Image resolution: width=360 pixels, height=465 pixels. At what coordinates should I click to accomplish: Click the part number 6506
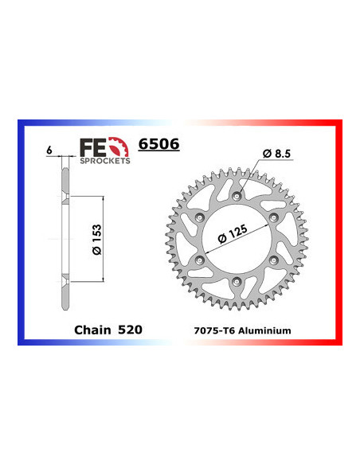(159, 145)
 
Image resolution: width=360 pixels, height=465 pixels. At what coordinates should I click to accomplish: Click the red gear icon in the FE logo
(117, 147)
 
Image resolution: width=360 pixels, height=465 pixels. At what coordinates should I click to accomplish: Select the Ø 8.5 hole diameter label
(276, 151)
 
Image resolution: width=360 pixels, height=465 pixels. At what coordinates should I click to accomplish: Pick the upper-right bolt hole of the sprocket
(275, 216)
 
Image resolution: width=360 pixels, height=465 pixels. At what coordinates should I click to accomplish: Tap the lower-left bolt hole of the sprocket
(202, 259)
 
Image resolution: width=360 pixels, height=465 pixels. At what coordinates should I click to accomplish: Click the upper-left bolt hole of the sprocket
(202, 216)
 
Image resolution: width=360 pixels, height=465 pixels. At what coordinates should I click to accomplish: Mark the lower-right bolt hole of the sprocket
(275, 259)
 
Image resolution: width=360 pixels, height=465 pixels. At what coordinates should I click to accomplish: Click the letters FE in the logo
(91, 147)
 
